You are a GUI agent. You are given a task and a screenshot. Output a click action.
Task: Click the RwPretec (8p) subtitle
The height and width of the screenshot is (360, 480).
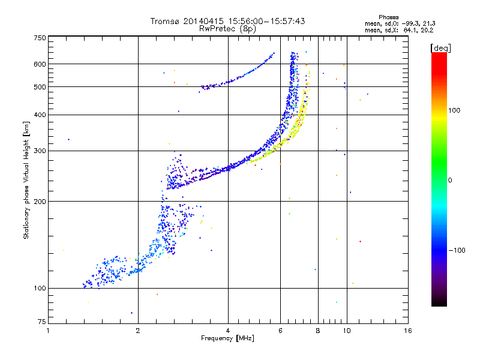click(227, 29)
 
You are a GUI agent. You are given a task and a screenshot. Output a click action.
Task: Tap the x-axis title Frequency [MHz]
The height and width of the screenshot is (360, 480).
click(227, 338)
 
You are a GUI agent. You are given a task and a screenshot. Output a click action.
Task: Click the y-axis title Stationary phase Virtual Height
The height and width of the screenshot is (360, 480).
click(26, 180)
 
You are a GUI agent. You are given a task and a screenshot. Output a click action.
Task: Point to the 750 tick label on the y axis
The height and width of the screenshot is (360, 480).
click(40, 38)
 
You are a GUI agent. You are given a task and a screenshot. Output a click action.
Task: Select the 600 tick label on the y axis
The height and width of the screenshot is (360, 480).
click(40, 64)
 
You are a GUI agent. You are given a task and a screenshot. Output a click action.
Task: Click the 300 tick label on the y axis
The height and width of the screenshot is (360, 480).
click(40, 151)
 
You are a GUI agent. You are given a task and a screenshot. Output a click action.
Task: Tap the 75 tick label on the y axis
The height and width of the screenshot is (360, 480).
click(42, 322)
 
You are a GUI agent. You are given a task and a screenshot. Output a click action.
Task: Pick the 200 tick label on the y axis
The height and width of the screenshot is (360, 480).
click(40, 202)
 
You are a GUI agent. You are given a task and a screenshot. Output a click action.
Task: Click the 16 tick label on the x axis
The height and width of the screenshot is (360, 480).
click(408, 331)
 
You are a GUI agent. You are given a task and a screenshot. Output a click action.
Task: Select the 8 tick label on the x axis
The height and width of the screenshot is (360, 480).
click(318, 331)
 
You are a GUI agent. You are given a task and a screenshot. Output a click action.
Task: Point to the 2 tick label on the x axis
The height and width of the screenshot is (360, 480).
click(138, 331)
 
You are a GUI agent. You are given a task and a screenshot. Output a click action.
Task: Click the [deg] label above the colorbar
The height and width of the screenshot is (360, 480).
click(440, 48)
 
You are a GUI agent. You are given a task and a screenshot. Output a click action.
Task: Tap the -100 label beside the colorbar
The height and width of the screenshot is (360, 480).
click(457, 250)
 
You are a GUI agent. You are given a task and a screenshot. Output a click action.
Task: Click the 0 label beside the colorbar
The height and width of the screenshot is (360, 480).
click(450, 181)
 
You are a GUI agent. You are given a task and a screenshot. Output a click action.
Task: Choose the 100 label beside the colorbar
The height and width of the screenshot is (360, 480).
click(454, 110)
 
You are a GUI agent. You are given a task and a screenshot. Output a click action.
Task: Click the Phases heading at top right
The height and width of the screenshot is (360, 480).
click(388, 17)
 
